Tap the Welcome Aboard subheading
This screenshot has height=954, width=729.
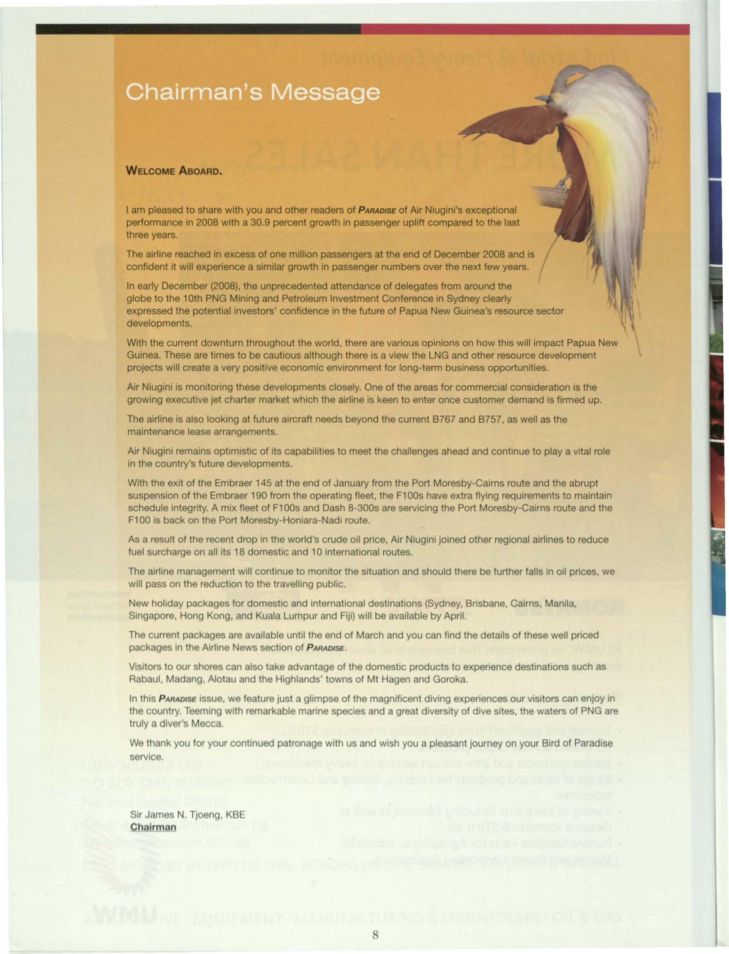[x=174, y=171]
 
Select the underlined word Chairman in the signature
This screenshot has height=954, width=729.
[x=154, y=827]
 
